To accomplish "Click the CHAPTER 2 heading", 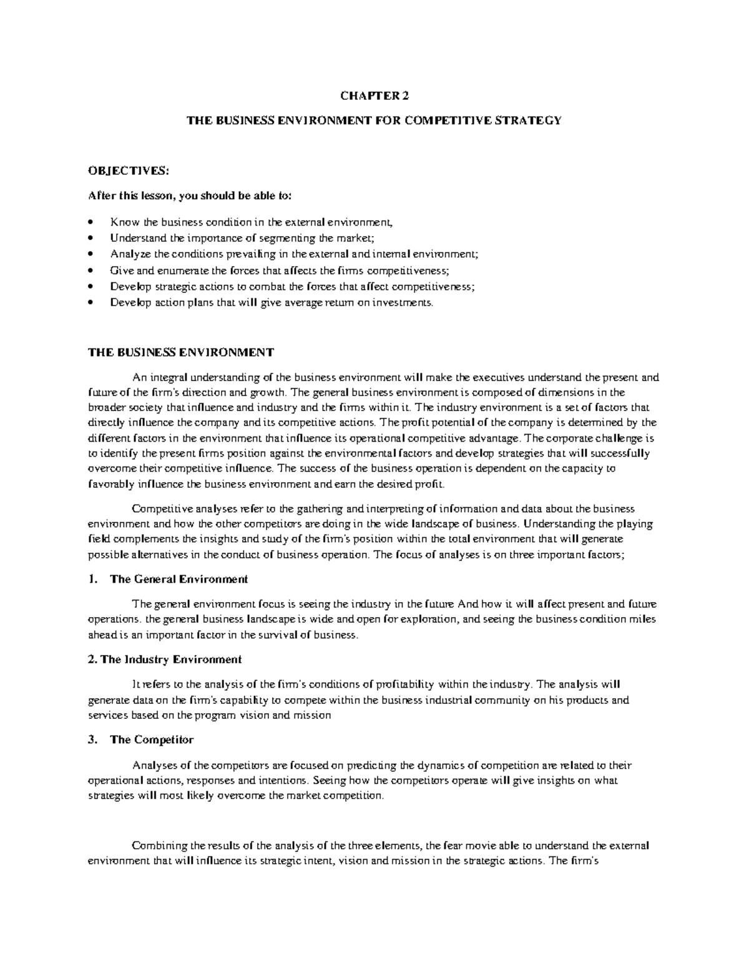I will (374, 96).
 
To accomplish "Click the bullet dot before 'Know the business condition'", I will (91, 222).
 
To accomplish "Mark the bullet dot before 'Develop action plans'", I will (91, 303).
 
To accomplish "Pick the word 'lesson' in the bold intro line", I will (153, 196).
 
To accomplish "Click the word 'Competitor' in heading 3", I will (164, 740).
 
